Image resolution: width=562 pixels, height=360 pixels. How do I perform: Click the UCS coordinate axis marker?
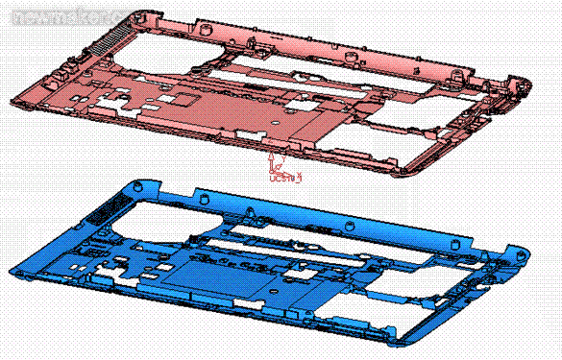pyautogui.click(x=280, y=169)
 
